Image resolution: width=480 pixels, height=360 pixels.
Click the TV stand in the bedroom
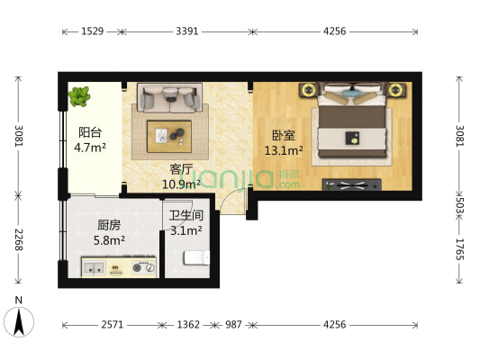click(351, 184)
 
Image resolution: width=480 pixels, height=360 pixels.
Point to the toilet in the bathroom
click(197, 259)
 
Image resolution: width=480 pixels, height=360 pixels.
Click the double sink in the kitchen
click(95, 266)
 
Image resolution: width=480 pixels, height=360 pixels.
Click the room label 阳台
click(89, 131)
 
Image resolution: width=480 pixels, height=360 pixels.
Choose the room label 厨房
click(109, 226)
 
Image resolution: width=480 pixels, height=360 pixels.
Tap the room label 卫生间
click(186, 216)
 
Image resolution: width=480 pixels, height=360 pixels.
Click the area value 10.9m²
click(180, 184)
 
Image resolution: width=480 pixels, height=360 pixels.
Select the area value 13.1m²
click(282, 151)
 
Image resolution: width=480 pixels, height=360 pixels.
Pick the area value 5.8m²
click(109, 240)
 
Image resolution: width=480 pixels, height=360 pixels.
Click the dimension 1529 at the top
click(91, 31)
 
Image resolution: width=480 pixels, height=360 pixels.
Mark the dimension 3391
click(186, 31)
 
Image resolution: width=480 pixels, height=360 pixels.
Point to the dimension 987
click(233, 324)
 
